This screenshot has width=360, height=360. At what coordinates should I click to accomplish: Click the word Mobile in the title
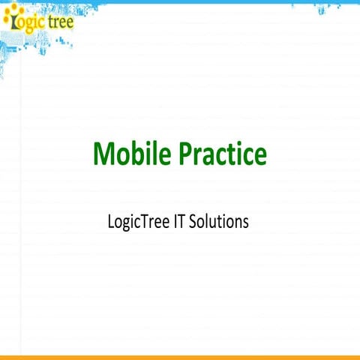tap(131, 154)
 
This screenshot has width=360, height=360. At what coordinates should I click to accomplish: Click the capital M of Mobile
tap(103, 154)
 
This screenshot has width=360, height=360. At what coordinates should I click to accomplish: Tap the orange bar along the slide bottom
tap(180, 357)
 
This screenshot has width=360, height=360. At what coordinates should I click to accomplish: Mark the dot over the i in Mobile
tap(147, 144)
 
